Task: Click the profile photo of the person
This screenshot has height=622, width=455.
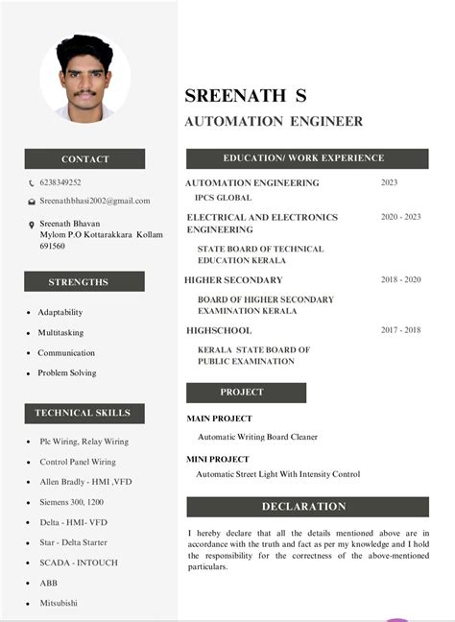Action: point(84,79)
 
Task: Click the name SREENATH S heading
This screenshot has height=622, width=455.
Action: point(246,95)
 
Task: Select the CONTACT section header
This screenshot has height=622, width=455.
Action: point(84,158)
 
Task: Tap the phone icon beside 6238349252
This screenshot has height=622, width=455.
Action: point(31,182)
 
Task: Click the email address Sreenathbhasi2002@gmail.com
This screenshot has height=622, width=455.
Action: point(95,201)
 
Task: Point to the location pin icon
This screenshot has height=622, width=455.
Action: point(31,224)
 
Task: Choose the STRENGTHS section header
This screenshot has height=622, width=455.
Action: point(84,281)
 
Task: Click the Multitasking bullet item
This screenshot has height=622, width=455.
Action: point(60,332)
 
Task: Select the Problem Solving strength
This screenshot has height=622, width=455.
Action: point(67,372)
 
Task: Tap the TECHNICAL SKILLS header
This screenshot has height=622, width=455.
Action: point(84,413)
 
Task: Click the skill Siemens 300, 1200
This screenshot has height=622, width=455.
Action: point(72,502)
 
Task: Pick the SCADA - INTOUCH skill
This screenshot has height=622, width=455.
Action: point(78,562)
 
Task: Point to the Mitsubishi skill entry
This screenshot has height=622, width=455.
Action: point(59,603)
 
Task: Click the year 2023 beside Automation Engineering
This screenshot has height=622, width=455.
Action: point(389,182)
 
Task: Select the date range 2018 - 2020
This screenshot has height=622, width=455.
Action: point(400,279)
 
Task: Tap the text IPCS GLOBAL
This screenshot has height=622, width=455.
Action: point(223,198)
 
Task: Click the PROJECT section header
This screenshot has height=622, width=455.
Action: point(246,392)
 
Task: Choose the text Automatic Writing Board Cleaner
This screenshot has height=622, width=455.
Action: point(257,437)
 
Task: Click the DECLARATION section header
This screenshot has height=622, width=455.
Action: point(304,506)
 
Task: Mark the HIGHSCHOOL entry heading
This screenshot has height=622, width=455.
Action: point(219,329)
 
